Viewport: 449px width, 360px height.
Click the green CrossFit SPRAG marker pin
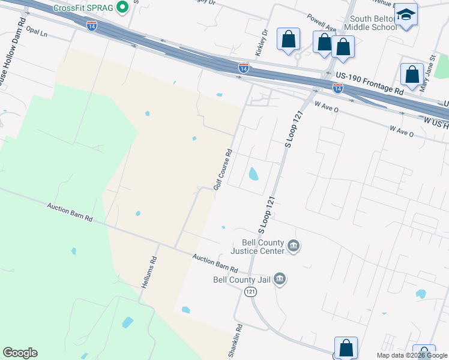[123, 8]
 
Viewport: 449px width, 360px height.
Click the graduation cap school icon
[406, 14]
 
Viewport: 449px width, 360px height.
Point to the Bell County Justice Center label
[259, 247]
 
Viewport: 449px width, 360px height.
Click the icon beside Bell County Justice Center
[294, 245]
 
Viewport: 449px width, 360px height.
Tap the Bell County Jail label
[241, 279]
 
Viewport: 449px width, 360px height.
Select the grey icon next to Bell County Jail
[279, 278]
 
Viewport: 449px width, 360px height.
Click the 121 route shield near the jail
[251, 291]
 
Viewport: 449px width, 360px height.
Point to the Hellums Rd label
[149, 273]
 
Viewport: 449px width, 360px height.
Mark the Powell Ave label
[322, 23]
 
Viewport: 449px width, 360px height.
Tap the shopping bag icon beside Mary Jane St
[412, 75]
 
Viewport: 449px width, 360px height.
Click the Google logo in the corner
[20, 353]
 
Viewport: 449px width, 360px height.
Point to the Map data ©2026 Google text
[412, 355]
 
